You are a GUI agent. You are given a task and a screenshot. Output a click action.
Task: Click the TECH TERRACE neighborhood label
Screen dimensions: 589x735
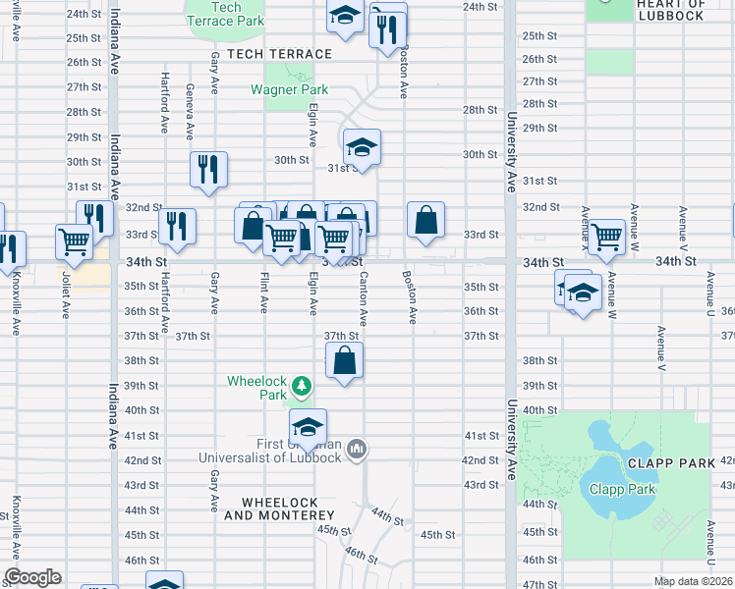(278, 53)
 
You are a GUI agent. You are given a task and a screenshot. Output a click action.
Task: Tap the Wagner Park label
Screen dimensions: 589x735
(289, 89)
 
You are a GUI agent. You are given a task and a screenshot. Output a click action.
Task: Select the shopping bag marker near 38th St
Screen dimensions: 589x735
(344, 361)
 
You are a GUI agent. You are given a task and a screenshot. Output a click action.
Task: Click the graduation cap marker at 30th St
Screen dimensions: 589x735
(362, 148)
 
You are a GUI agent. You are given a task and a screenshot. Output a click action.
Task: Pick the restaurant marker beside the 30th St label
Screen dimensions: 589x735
(208, 170)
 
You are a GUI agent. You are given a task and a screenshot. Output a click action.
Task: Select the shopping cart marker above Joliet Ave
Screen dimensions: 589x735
(76, 241)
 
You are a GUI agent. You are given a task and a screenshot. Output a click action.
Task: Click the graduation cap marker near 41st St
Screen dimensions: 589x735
(308, 427)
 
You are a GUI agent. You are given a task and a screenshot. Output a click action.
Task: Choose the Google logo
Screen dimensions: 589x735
(32, 577)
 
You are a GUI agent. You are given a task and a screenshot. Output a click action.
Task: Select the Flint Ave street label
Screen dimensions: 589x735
(264, 294)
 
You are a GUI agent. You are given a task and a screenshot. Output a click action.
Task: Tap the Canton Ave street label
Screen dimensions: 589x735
(364, 300)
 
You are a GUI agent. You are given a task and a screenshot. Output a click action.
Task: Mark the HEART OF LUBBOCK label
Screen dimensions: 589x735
(670, 10)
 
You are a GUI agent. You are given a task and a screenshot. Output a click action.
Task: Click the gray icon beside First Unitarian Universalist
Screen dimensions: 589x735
(357, 450)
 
